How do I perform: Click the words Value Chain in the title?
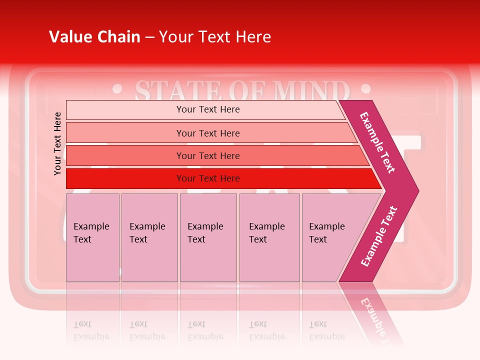click(x=94, y=36)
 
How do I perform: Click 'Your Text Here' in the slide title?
click(x=215, y=36)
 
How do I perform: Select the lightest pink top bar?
click(x=205, y=109)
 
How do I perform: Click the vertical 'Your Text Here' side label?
click(x=57, y=143)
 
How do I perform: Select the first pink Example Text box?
click(x=92, y=237)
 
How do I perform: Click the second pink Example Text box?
click(x=149, y=237)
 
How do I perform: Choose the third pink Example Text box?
click(x=208, y=237)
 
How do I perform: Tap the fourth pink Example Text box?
click(x=269, y=237)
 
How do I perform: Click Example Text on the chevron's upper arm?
click(x=378, y=142)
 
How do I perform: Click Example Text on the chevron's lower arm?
click(x=378, y=236)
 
